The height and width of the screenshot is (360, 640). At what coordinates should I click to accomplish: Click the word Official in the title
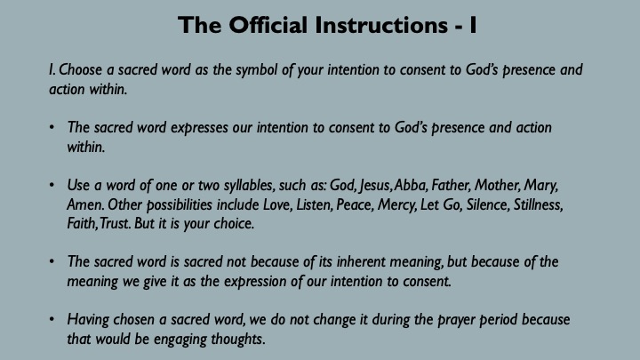tap(268, 25)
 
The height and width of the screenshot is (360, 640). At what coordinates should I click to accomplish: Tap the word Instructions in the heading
tap(381, 25)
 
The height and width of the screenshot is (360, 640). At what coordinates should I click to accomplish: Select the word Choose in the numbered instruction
tap(80, 70)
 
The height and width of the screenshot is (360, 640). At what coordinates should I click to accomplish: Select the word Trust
tap(115, 224)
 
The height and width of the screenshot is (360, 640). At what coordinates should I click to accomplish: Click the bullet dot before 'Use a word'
tap(52, 185)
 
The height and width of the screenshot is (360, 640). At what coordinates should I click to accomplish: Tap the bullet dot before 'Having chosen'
tap(52, 319)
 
